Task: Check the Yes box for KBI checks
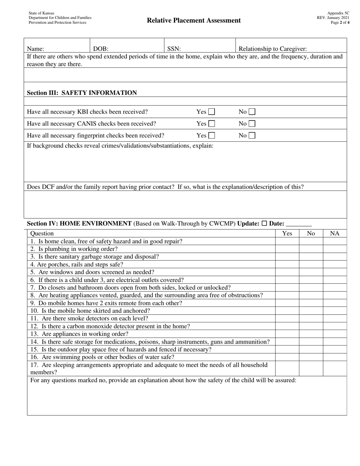pos(212,112)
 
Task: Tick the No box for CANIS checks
pos(252,124)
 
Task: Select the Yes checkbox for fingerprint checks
pos(212,135)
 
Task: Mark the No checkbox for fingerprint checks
pos(252,135)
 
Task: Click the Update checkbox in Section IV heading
pos(264,224)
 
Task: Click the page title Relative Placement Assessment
pos(194,20)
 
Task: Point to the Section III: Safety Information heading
pos(82,93)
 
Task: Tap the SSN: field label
pos(174,48)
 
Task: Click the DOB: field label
pos(101,48)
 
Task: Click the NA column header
pos(335,233)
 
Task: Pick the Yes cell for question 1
pos(287,241)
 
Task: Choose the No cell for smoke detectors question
pos(311,318)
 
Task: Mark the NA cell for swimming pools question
pos(335,357)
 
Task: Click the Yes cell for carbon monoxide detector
pos(287,326)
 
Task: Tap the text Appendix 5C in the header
pos(338,13)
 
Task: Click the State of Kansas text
pos(41,13)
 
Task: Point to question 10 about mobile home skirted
pos(90,311)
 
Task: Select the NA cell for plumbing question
pos(335,249)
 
